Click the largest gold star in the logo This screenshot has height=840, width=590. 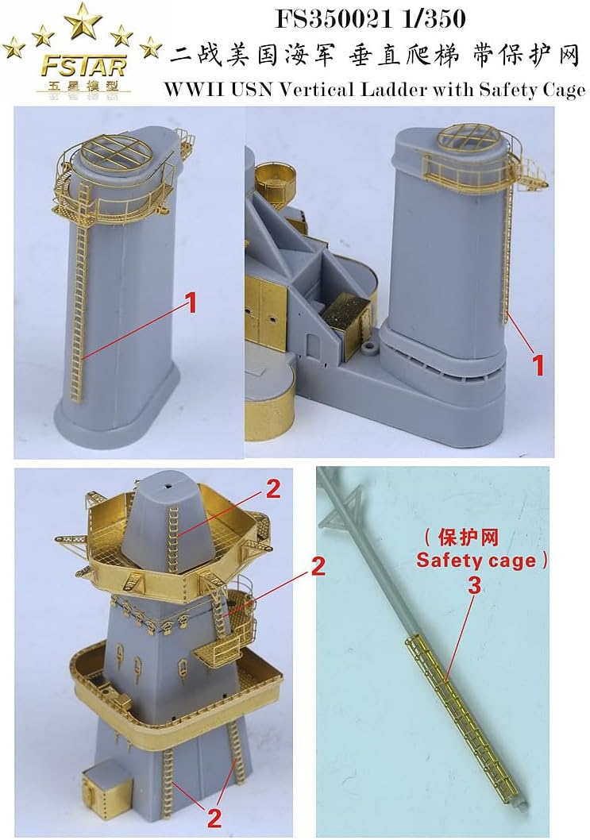point(83,21)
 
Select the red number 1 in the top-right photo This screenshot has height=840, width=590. point(538,366)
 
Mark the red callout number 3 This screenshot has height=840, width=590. point(475,586)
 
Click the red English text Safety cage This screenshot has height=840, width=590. point(476,561)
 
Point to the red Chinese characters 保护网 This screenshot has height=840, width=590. point(468,538)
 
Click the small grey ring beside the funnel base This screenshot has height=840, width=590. point(368,349)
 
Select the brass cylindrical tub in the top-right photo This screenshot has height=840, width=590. point(276,182)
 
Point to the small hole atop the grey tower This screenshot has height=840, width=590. point(168,487)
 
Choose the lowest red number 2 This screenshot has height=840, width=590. point(213,818)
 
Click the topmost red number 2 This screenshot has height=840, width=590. point(273,490)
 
